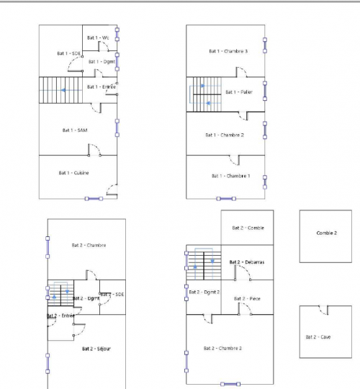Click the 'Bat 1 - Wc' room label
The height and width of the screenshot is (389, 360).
tap(98, 37)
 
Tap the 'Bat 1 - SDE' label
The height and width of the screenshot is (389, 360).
tap(70, 53)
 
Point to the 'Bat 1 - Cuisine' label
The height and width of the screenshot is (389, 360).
tap(73, 173)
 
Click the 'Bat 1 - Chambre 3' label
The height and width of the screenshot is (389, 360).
tap(228, 51)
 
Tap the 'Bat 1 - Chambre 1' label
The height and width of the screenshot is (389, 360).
tap(231, 176)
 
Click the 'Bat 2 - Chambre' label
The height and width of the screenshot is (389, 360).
tap(86, 246)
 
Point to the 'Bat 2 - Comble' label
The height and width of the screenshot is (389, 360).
tap(248, 228)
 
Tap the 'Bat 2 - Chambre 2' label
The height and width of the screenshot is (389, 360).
tap(222, 349)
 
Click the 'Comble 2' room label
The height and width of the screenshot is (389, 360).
tap(326, 233)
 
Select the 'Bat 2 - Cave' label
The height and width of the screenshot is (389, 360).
tap(318, 336)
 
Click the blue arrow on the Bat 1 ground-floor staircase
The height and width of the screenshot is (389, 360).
tap(63, 90)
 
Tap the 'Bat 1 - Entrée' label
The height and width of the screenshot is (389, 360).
tap(102, 87)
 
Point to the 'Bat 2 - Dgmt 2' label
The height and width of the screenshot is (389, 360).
tap(203, 292)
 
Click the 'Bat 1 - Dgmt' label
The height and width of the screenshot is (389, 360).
tap(102, 62)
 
